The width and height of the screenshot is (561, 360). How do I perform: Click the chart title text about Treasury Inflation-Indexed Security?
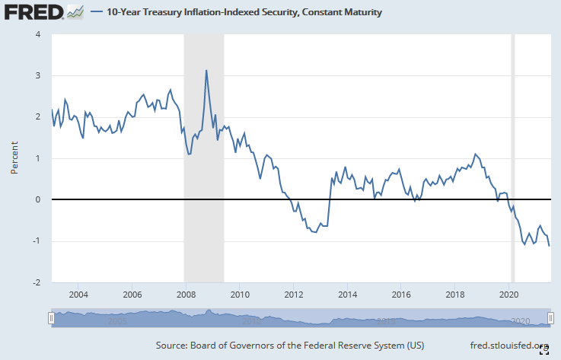[244, 13]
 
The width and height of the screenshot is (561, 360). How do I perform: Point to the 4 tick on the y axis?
[40, 34]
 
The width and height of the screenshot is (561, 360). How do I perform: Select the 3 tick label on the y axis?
[40, 75]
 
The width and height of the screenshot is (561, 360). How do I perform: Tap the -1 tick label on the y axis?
[39, 241]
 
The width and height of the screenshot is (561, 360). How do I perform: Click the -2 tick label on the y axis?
[39, 282]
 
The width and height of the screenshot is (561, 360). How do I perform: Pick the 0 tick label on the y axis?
[40, 199]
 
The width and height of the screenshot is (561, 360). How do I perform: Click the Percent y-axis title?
[14, 158]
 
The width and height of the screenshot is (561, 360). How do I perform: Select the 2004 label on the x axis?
[78, 295]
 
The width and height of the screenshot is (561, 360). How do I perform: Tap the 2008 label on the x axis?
[186, 295]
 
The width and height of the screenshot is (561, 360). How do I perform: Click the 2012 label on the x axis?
[294, 295]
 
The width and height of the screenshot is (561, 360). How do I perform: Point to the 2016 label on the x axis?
[401, 295]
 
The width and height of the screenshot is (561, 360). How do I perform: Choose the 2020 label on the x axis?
[509, 295]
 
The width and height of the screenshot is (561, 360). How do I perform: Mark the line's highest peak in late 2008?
[206, 71]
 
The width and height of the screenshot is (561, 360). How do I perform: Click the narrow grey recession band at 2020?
[512, 152]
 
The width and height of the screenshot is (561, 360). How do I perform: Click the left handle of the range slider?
[51, 319]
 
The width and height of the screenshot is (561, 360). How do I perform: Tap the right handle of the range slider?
[551, 319]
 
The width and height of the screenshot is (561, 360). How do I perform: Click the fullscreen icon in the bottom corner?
[544, 349]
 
